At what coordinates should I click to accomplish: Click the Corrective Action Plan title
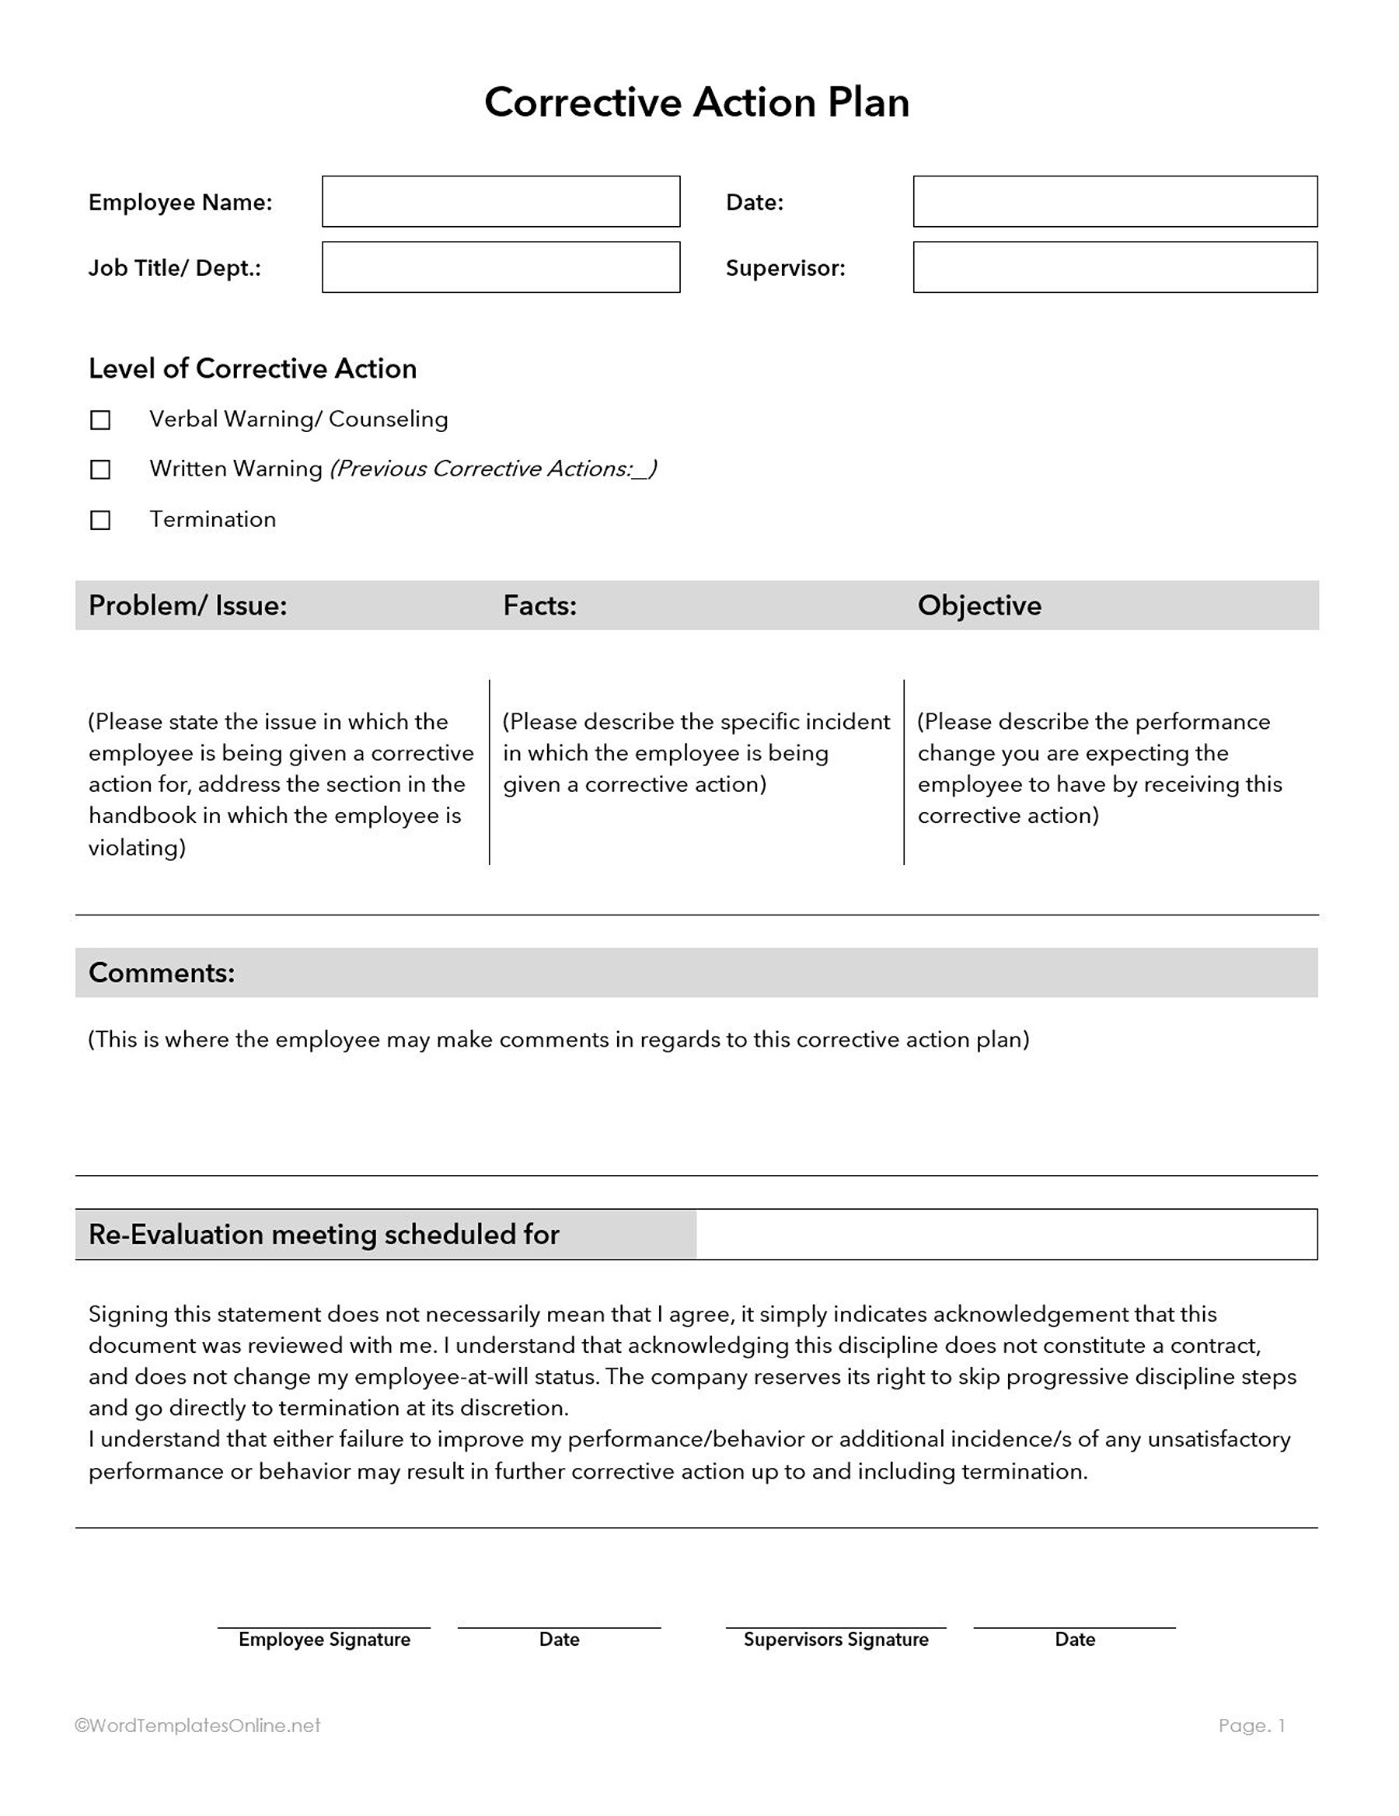click(696, 103)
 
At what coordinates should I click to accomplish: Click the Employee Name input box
click(501, 201)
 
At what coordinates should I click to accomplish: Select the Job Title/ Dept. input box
click(501, 267)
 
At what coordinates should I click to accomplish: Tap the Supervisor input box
click(1115, 267)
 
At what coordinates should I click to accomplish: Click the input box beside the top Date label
click(1115, 201)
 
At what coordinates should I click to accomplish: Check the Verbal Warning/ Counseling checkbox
click(99, 420)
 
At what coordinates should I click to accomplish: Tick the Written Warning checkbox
click(99, 470)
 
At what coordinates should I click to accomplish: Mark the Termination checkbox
click(99, 521)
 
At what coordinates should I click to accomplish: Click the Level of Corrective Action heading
click(252, 368)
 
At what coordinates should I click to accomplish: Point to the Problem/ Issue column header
click(188, 605)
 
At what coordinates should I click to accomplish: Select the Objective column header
click(979, 605)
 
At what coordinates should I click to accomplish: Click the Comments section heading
click(162, 973)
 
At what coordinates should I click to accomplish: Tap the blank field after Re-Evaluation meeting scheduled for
click(1007, 1235)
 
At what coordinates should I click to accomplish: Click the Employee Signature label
click(324, 1639)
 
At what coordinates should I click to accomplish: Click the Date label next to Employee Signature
click(559, 1639)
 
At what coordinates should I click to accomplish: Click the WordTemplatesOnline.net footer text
click(198, 1725)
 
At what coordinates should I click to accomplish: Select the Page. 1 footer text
click(1251, 1725)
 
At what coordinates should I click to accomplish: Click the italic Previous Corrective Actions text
click(494, 469)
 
